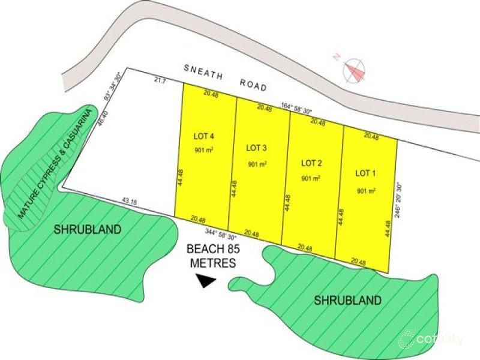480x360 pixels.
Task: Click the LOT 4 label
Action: click(x=205, y=136)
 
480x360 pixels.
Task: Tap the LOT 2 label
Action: click(x=311, y=163)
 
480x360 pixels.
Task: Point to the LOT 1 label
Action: click(x=365, y=173)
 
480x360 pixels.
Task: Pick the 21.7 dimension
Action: click(x=160, y=80)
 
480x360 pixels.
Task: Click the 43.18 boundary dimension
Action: click(x=129, y=202)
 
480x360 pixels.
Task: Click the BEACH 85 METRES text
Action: click(x=209, y=255)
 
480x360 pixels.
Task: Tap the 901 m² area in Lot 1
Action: click(x=366, y=191)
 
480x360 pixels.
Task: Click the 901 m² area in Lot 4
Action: click(x=204, y=150)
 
